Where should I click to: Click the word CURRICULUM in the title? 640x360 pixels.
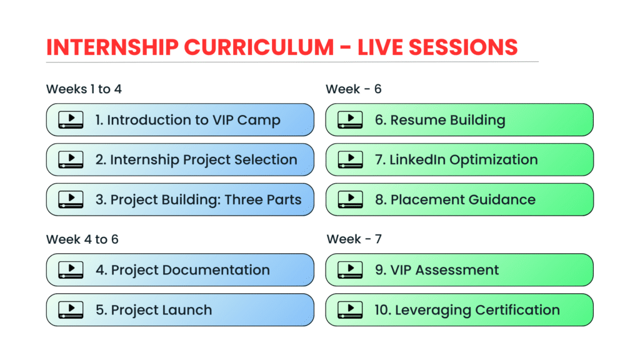pyautogui.click(x=259, y=47)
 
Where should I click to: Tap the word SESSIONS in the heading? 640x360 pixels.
pyautogui.click(x=463, y=47)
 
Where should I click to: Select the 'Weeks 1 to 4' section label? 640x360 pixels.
pyautogui.click(x=84, y=89)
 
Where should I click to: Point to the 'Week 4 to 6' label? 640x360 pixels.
pyautogui.click(x=82, y=239)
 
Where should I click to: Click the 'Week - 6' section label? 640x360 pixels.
pyautogui.click(x=354, y=89)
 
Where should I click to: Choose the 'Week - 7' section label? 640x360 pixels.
pyautogui.click(x=354, y=239)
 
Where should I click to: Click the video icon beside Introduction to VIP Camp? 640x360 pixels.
pyautogui.click(x=71, y=120)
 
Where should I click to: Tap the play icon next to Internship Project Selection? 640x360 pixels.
pyautogui.click(x=71, y=160)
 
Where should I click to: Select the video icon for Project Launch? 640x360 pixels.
pyautogui.click(x=71, y=310)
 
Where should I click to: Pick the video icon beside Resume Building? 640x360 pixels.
pyautogui.click(x=350, y=120)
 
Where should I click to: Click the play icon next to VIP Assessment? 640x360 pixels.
pyautogui.click(x=350, y=270)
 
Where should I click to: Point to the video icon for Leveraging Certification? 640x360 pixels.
pyautogui.click(x=350, y=310)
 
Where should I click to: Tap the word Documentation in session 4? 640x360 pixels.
pyautogui.click(x=216, y=270)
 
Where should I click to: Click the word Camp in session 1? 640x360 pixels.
pyautogui.click(x=259, y=121)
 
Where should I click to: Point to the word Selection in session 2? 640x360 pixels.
pyautogui.click(x=266, y=159)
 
